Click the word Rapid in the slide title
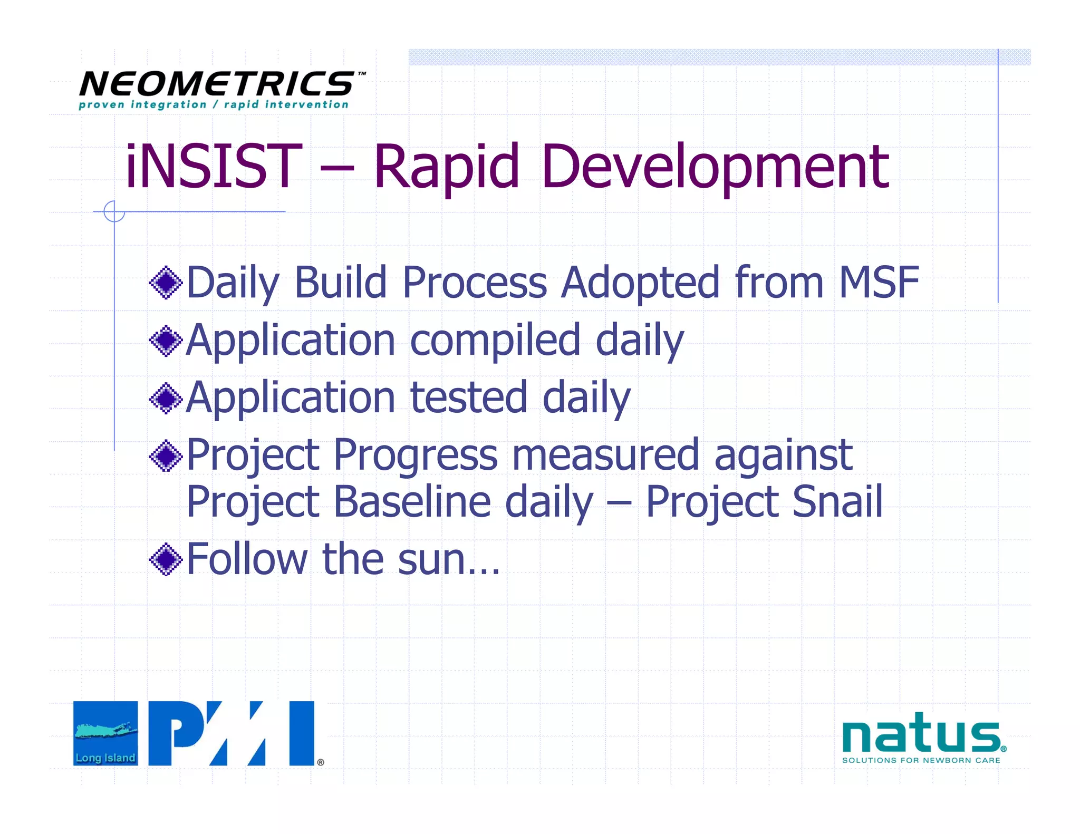tap(446, 168)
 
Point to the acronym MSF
tap(879, 283)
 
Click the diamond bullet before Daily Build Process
tap(166, 283)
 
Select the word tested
tap(468, 397)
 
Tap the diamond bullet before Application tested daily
tap(166, 399)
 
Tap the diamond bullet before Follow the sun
tap(166, 559)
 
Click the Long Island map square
tap(105, 733)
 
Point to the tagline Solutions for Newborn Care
tap(921, 760)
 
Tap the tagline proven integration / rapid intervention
tap(214, 104)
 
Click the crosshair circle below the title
tap(114, 211)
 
